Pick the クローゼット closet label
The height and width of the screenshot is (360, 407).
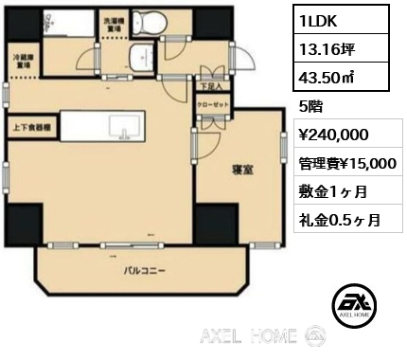coord(209,104)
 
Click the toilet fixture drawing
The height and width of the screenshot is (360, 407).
coord(148,22)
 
